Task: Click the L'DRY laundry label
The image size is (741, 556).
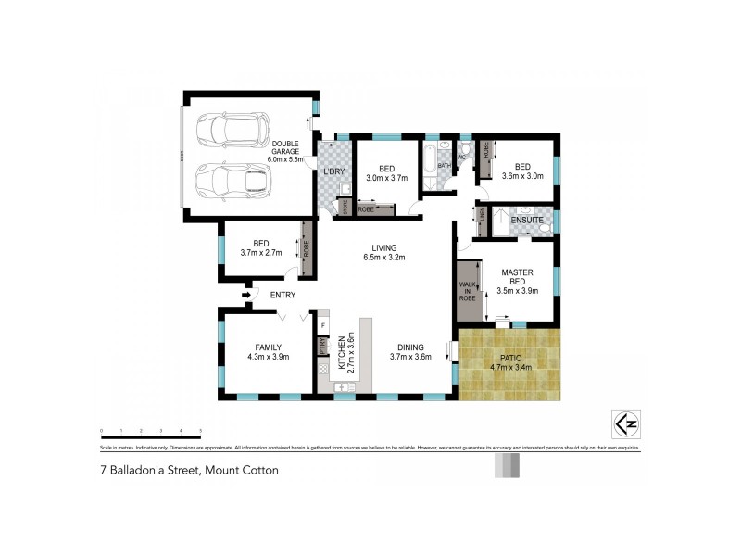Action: click(332, 172)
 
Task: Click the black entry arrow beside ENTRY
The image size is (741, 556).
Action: click(246, 296)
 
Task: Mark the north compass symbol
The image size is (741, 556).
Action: click(625, 423)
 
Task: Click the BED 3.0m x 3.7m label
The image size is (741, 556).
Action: click(386, 172)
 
